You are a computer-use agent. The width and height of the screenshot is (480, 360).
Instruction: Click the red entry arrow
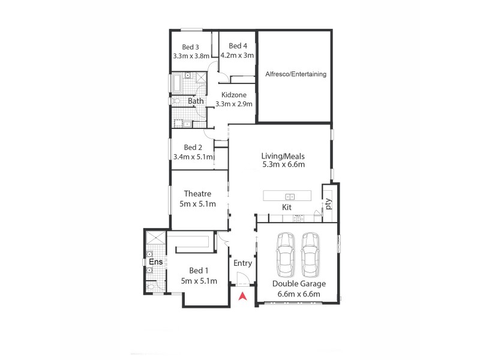(242, 296)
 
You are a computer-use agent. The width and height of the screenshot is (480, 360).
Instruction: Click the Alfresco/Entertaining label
(296, 74)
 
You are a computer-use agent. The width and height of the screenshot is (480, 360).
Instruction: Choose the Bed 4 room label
(238, 46)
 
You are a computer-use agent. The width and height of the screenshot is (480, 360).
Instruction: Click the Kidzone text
(234, 95)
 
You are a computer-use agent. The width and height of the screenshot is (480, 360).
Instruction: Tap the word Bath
(196, 101)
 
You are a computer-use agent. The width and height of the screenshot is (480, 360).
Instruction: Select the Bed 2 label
(193, 148)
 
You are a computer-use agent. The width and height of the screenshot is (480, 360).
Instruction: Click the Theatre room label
(197, 194)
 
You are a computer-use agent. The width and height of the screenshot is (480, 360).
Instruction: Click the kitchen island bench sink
(290, 197)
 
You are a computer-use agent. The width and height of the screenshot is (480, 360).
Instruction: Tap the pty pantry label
(328, 203)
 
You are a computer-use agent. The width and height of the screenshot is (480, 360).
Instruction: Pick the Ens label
(156, 262)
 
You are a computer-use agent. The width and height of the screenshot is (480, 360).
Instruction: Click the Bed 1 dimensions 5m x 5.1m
(199, 281)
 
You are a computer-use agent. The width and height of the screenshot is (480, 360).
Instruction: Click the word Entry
(242, 263)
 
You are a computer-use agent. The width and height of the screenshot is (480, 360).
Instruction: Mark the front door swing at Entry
(243, 279)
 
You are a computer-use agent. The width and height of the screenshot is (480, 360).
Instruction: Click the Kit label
(287, 208)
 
